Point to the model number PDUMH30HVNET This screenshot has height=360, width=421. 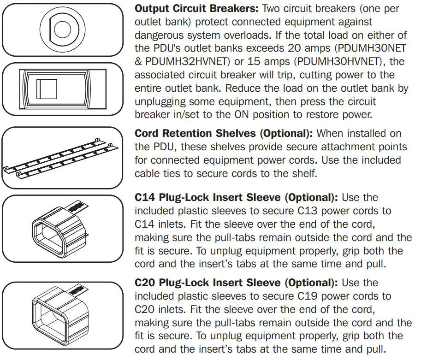[x=330, y=61]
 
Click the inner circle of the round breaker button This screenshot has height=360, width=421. [x=63, y=29]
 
